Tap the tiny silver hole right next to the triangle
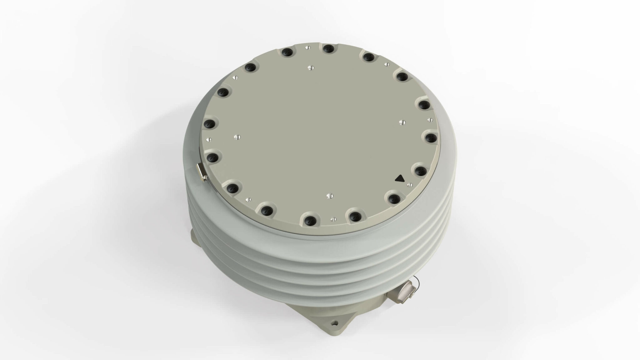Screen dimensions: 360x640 tap(409, 185)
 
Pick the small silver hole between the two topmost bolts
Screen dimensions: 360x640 tap(307, 47)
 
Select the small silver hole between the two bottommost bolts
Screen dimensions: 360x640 tap(332, 219)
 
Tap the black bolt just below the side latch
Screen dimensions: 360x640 tap(232, 187)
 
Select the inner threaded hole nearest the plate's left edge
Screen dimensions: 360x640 tap(237, 137)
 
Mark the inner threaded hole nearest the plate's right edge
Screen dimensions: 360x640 tap(402, 122)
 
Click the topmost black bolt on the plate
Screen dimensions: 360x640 tap(328, 48)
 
